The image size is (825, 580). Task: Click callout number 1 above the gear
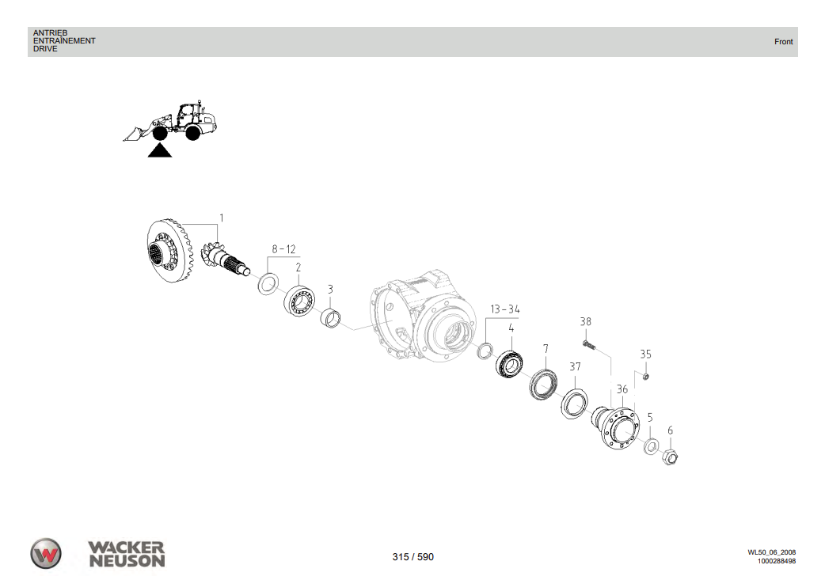coord(222,218)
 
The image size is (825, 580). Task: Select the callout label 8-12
coord(283,249)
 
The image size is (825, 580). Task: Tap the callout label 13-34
coord(504,309)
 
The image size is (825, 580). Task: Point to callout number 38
coord(585,322)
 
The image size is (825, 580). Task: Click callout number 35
coord(645,354)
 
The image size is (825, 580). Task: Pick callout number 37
coord(575,366)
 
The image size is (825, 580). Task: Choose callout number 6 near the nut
coord(670,430)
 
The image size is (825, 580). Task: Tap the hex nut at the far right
coord(670,456)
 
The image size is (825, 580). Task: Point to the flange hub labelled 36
coord(618,427)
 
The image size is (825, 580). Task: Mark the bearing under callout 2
coord(299,301)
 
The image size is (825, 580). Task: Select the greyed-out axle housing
coord(420,317)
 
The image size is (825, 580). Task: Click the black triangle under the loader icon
coord(159,151)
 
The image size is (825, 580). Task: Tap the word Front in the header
coord(783,42)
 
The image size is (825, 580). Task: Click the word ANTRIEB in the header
coord(50,33)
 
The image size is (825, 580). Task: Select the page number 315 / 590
coord(412,557)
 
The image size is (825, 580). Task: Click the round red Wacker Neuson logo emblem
coord(46,553)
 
